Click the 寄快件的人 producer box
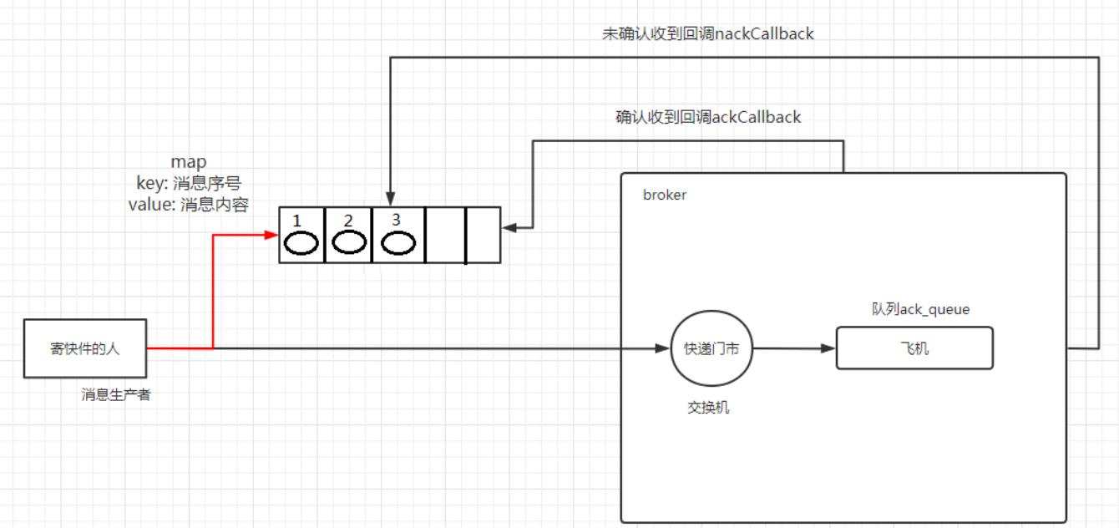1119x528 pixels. point(84,348)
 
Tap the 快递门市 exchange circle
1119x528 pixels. point(711,348)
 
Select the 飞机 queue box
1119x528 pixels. point(914,348)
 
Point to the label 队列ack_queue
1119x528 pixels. point(920,309)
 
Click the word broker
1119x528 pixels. point(664,195)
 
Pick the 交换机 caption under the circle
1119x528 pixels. point(708,409)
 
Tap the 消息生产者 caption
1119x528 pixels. point(116,394)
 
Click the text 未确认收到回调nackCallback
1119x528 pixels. point(708,33)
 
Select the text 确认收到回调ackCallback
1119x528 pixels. point(708,117)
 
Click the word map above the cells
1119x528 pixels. point(189,162)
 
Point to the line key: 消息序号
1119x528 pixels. point(189,183)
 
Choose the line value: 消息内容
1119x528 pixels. point(189,205)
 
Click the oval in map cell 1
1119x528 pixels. point(301,243)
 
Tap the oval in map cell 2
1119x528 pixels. point(349,243)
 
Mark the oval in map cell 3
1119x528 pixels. point(398,243)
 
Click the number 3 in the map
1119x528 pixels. point(396,219)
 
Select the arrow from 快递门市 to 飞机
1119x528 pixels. point(793,348)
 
